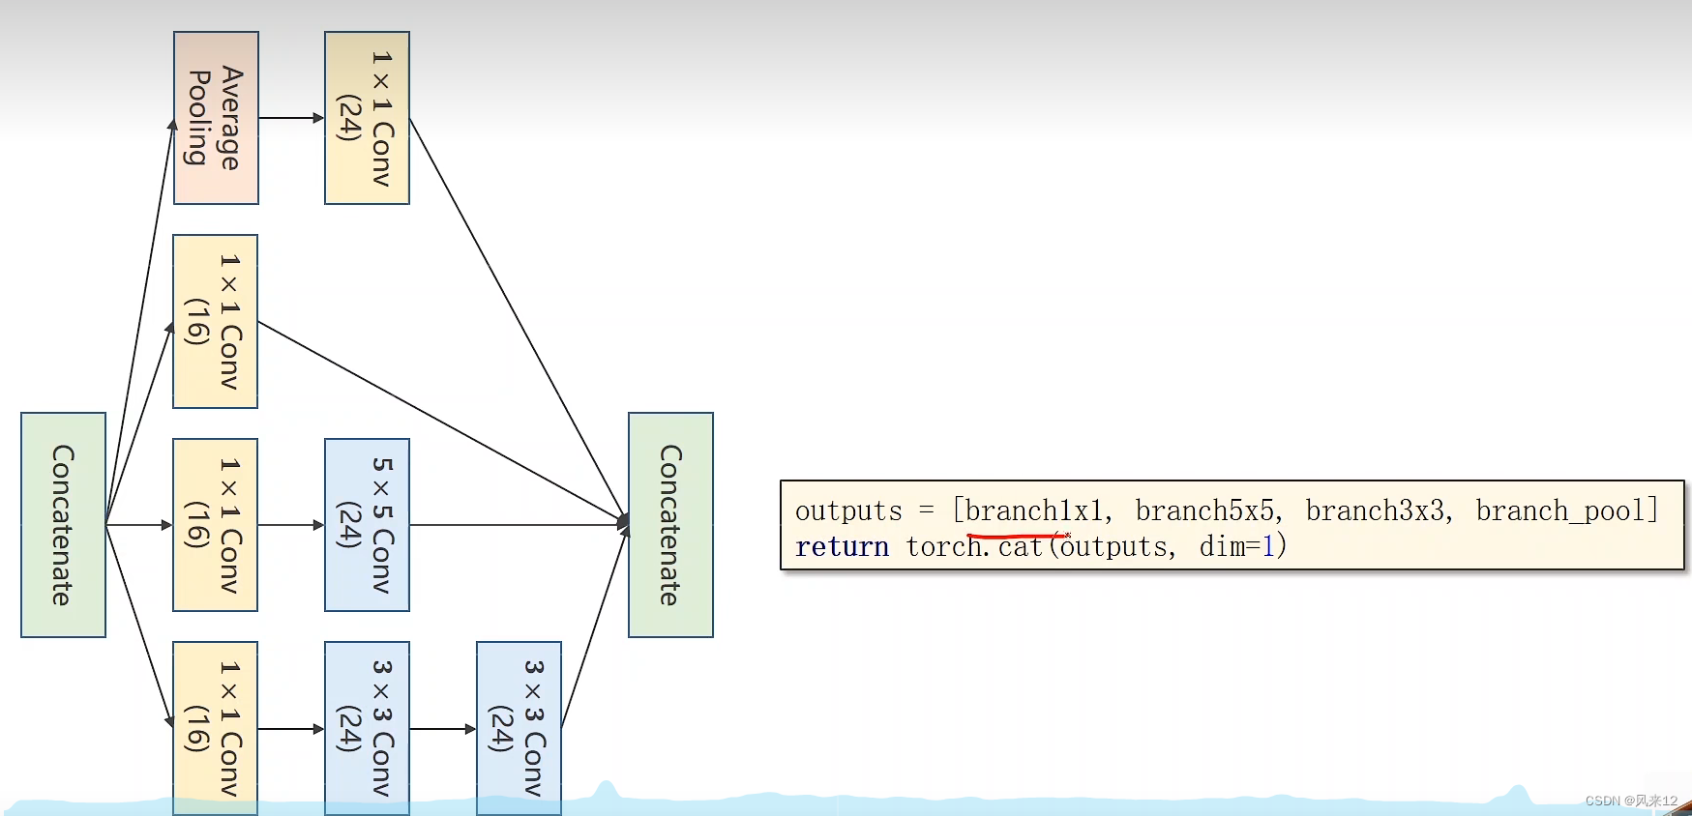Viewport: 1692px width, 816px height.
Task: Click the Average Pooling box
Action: [216, 118]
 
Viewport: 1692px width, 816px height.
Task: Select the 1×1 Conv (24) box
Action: [367, 118]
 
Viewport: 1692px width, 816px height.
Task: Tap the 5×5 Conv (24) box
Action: [367, 525]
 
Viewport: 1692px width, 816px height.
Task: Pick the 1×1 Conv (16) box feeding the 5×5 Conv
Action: [215, 525]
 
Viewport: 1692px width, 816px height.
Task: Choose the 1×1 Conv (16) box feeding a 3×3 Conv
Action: [215, 728]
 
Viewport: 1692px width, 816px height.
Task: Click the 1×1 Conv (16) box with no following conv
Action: [215, 321]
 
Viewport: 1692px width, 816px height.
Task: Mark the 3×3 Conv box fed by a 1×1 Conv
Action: [367, 728]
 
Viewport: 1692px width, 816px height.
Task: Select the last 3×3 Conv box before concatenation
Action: [519, 728]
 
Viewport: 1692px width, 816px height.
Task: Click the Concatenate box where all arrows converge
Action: [670, 525]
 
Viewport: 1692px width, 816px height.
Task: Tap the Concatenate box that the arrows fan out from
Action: [63, 525]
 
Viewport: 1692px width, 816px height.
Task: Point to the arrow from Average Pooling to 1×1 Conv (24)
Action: [291, 118]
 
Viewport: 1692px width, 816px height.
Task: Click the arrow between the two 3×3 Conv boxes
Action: [443, 729]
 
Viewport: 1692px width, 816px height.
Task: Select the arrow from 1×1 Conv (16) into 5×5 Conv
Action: [291, 525]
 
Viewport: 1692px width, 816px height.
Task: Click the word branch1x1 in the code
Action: [1033, 510]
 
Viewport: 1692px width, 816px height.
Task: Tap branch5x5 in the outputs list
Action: [1204, 510]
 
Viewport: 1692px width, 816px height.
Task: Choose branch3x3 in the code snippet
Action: [1375, 510]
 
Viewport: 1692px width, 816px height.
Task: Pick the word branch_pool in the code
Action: [1560, 510]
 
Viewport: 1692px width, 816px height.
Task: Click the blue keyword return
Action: [842, 547]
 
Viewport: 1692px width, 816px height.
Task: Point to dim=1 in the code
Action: [1237, 547]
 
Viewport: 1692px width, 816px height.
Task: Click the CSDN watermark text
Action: [1630, 801]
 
